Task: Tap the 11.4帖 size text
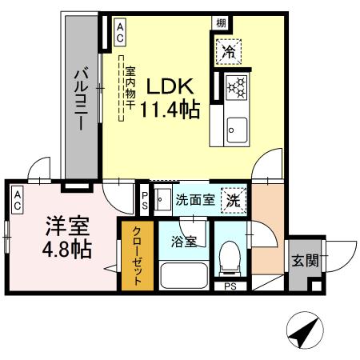(170, 110)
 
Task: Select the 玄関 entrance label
(304, 260)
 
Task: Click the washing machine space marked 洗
(234, 199)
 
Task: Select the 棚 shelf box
(220, 22)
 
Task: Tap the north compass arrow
(303, 330)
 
